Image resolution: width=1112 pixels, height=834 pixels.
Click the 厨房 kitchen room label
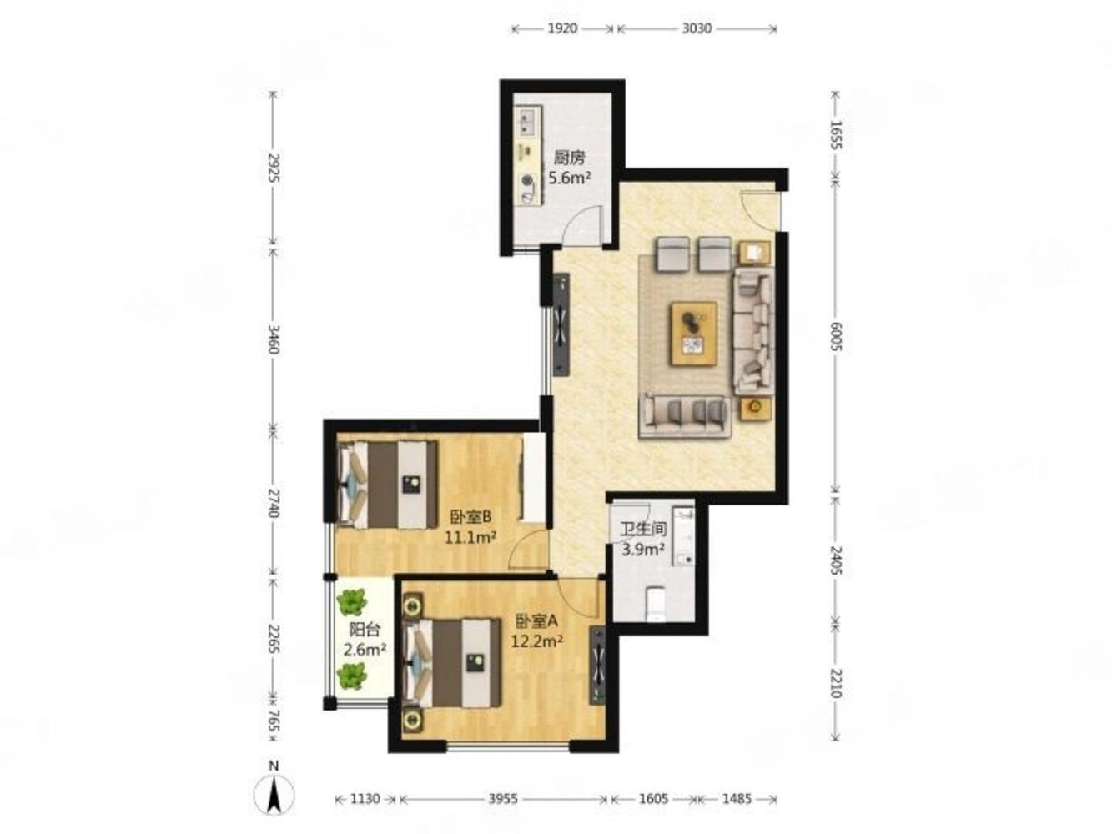(x=569, y=158)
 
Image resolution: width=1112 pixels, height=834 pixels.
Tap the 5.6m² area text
(x=571, y=178)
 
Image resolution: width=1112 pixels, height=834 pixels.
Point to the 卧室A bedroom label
(x=536, y=620)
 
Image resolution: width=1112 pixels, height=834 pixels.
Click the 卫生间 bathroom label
(x=644, y=529)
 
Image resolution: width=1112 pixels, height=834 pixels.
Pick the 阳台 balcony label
(x=365, y=630)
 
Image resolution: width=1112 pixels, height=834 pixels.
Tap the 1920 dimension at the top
(x=562, y=28)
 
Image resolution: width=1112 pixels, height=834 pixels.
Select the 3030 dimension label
(x=697, y=28)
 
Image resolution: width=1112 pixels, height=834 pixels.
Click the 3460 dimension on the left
(x=274, y=339)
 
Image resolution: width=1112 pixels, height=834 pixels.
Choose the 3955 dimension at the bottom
(x=503, y=799)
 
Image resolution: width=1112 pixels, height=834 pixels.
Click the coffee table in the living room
(x=693, y=334)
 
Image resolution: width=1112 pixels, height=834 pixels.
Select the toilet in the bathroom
(x=656, y=603)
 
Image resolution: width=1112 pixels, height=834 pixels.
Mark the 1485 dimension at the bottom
(x=737, y=799)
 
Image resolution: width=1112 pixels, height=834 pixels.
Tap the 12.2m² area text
(x=536, y=641)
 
